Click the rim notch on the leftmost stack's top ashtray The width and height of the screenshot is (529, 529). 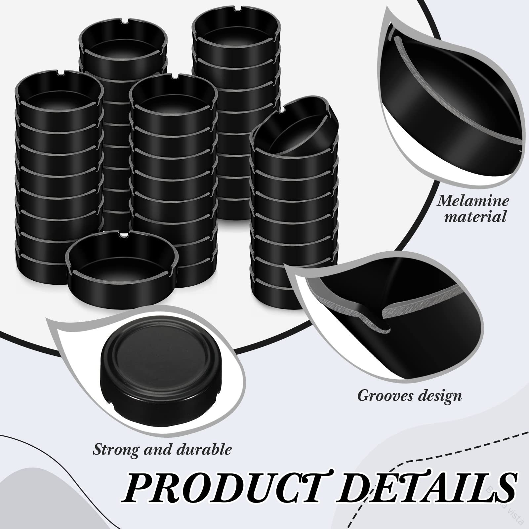[61, 72]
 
